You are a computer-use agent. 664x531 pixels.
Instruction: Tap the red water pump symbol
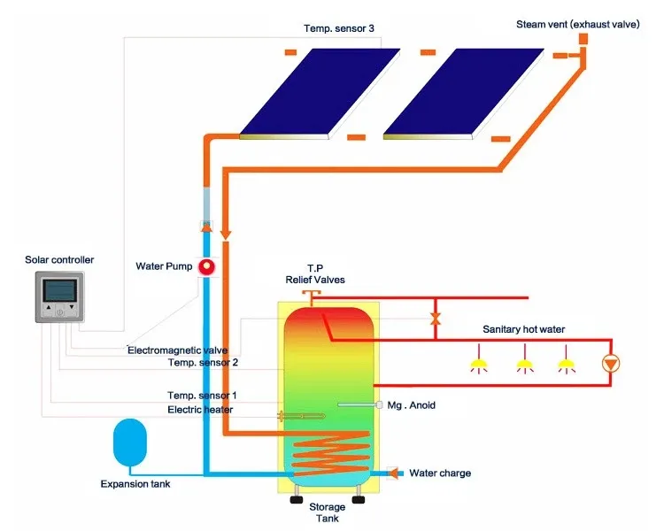[206, 265]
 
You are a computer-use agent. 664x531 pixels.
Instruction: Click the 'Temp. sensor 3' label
[339, 28]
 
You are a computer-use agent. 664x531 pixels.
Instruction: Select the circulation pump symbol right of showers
[610, 363]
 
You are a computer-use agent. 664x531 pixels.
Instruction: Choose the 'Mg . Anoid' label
[412, 405]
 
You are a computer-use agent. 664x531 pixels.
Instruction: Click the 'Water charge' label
[440, 473]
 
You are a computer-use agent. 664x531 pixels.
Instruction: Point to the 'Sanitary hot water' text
[523, 329]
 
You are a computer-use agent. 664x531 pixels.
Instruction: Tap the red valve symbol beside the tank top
[434, 318]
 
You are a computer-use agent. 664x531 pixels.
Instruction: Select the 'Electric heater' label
[200, 410]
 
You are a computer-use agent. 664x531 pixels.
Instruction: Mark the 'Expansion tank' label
[135, 484]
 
